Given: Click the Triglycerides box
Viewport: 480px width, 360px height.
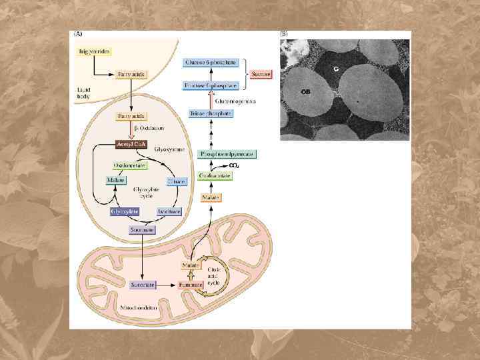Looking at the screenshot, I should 95,51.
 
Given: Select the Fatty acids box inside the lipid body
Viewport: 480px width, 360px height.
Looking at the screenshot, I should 132,74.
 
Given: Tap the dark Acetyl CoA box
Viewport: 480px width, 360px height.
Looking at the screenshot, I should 132,144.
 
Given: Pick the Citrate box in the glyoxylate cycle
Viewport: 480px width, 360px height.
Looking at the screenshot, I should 177,181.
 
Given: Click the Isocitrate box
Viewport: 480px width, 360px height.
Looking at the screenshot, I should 169,211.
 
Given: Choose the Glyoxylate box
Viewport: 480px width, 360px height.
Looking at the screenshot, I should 125,211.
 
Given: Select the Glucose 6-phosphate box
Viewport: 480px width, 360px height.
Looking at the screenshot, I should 211,62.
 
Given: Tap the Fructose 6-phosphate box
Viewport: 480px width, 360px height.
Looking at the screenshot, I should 211,86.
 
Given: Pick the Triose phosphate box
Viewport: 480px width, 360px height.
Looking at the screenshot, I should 211,114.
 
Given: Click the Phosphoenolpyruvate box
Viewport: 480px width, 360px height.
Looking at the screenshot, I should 219,154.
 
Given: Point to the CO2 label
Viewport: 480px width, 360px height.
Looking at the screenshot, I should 234,165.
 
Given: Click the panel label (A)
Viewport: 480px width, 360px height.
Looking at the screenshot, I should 78,34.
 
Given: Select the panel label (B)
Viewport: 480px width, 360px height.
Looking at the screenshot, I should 284,34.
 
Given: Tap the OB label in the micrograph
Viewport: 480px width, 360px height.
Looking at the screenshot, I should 305,91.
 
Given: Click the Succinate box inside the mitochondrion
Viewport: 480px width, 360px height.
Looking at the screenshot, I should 143,285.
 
